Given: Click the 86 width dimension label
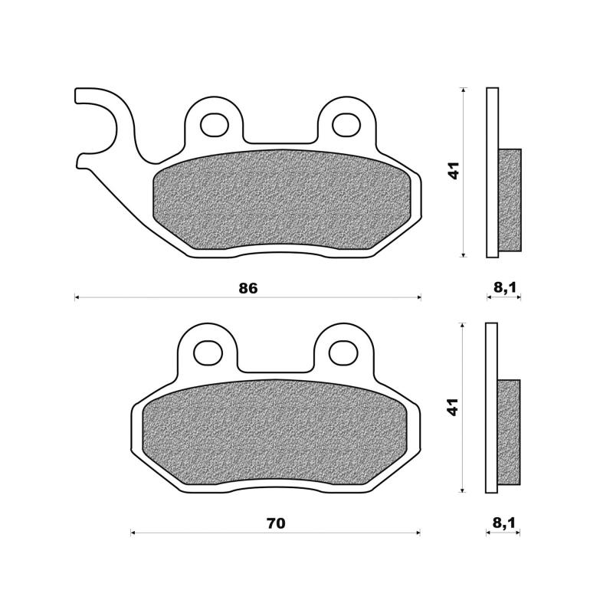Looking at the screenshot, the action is click(248, 289).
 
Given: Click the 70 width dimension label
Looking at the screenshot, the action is click(276, 523).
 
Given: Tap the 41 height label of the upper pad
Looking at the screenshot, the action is click(454, 170).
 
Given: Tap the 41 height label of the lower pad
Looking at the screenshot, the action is click(453, 407).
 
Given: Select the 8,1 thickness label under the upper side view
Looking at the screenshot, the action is click(505, 288).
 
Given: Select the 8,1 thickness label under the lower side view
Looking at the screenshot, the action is click(504, 523).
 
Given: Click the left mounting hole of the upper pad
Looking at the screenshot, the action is click(215, 125).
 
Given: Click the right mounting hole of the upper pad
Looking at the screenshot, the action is click(346, 124).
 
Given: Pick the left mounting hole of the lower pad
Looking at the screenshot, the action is click(208, 352).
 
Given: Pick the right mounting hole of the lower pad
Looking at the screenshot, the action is click(343, 353).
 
